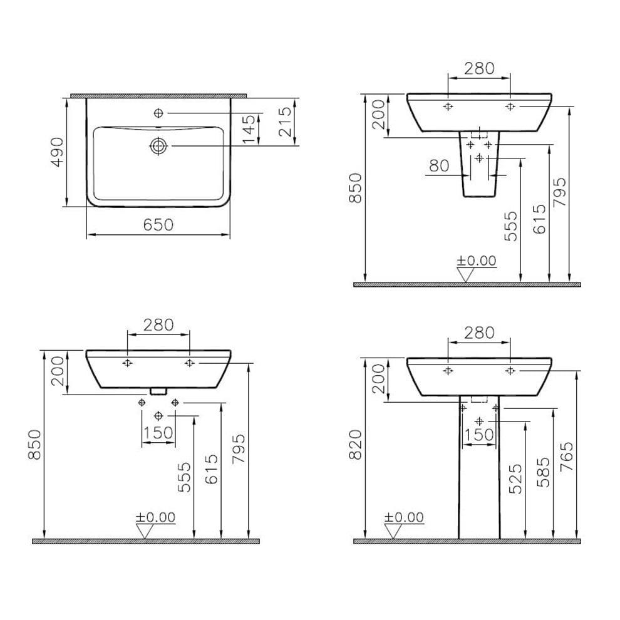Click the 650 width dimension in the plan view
(x=158, y=225)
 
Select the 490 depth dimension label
(x=57, y=152)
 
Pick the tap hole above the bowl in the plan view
(x=158, y=113)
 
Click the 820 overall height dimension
(x=355, y=445)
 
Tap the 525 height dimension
(x=515, y=479)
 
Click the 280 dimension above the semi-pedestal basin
(x=478, y=68)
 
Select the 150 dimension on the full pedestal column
(x=480, y=435)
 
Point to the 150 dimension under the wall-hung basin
(x=158, y=433)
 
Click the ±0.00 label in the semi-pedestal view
(x=475, y=261)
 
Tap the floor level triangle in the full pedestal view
(x=393, y=532)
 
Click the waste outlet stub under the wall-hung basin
(x=158, y=391)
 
